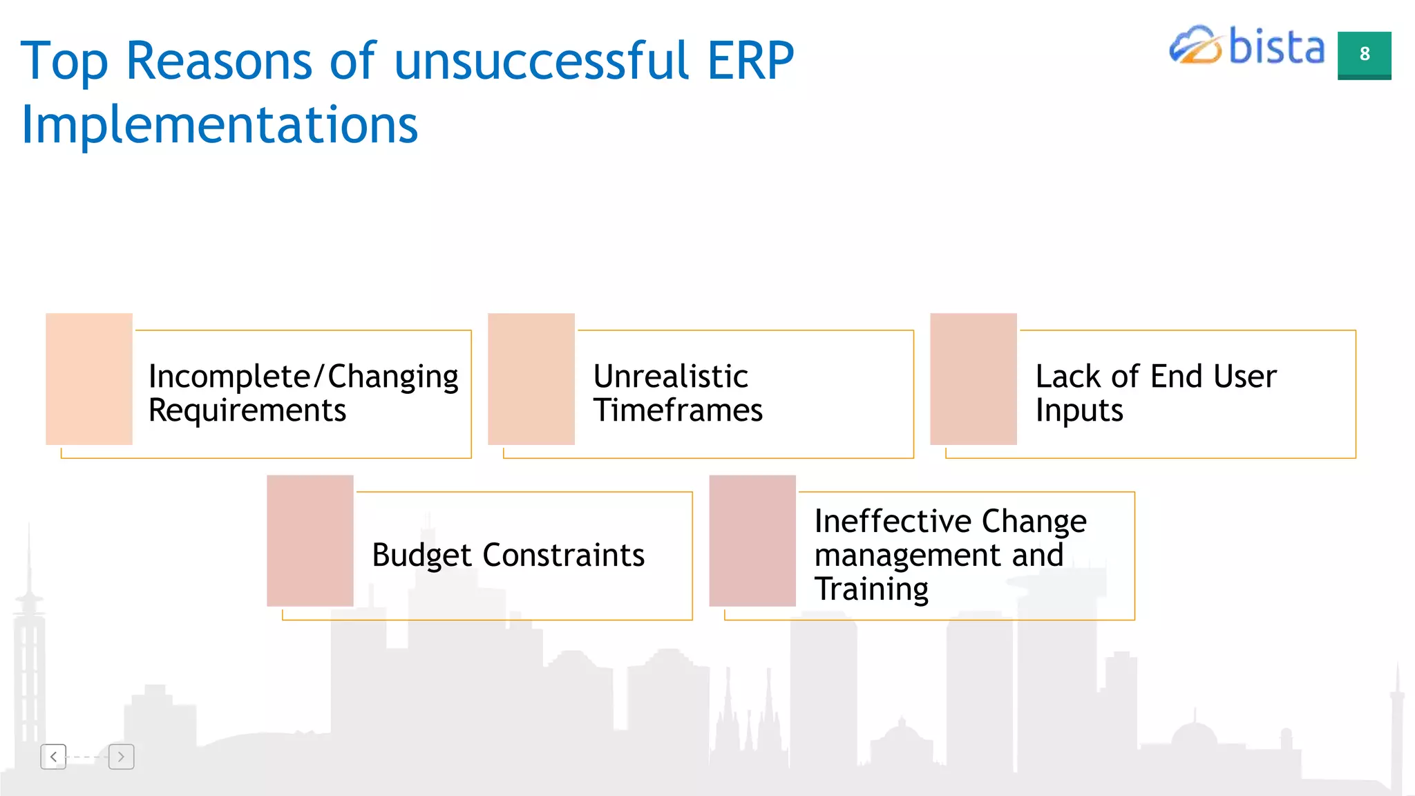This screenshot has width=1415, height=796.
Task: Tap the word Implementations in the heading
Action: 220,125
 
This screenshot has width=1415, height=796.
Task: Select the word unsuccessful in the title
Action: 542,61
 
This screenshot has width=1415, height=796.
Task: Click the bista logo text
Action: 1277,47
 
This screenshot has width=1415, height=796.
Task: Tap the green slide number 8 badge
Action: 1364,55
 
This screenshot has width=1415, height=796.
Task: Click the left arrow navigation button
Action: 53,757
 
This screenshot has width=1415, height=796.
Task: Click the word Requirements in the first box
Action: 247,410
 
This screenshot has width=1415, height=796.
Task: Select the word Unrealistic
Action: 670,377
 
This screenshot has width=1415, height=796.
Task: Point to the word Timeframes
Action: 678,410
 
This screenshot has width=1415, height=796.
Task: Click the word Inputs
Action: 1079,410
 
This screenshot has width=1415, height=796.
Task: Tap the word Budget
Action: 421,556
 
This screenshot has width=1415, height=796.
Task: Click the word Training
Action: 871,589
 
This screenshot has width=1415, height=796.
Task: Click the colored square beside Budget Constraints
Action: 310,540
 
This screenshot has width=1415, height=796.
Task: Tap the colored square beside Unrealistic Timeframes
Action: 531,379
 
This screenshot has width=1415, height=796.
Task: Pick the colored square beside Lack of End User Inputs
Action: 974,379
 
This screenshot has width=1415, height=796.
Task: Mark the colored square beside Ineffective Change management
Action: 752,540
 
